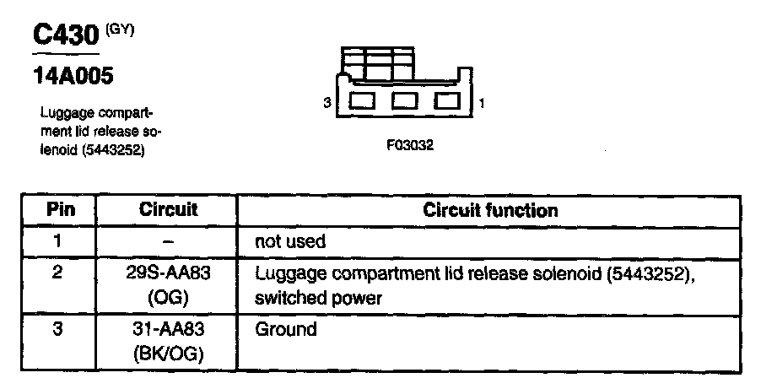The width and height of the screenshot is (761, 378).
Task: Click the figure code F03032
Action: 410,144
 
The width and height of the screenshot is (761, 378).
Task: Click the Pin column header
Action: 58,209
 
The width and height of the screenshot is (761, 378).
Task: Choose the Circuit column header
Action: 168,209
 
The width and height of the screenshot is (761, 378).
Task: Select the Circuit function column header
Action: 489,209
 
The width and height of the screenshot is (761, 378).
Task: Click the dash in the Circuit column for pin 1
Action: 168,241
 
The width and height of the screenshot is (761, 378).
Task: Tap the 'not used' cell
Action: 290,241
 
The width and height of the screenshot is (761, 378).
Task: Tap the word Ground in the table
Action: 285,329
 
